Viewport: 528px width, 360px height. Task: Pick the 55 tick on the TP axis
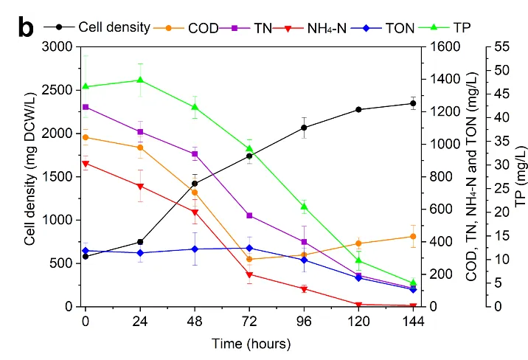(x=501, y=46)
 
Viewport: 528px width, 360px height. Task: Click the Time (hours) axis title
(x=251, y=343)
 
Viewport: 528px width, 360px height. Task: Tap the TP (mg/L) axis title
(x=521, y=176)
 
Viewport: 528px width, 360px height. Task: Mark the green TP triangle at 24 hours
(x=140, y=80)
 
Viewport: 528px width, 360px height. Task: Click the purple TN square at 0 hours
(x=86, y=107)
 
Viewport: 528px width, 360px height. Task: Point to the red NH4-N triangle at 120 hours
(x=358, y=304)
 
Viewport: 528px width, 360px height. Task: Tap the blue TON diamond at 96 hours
(x=304, y=260)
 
